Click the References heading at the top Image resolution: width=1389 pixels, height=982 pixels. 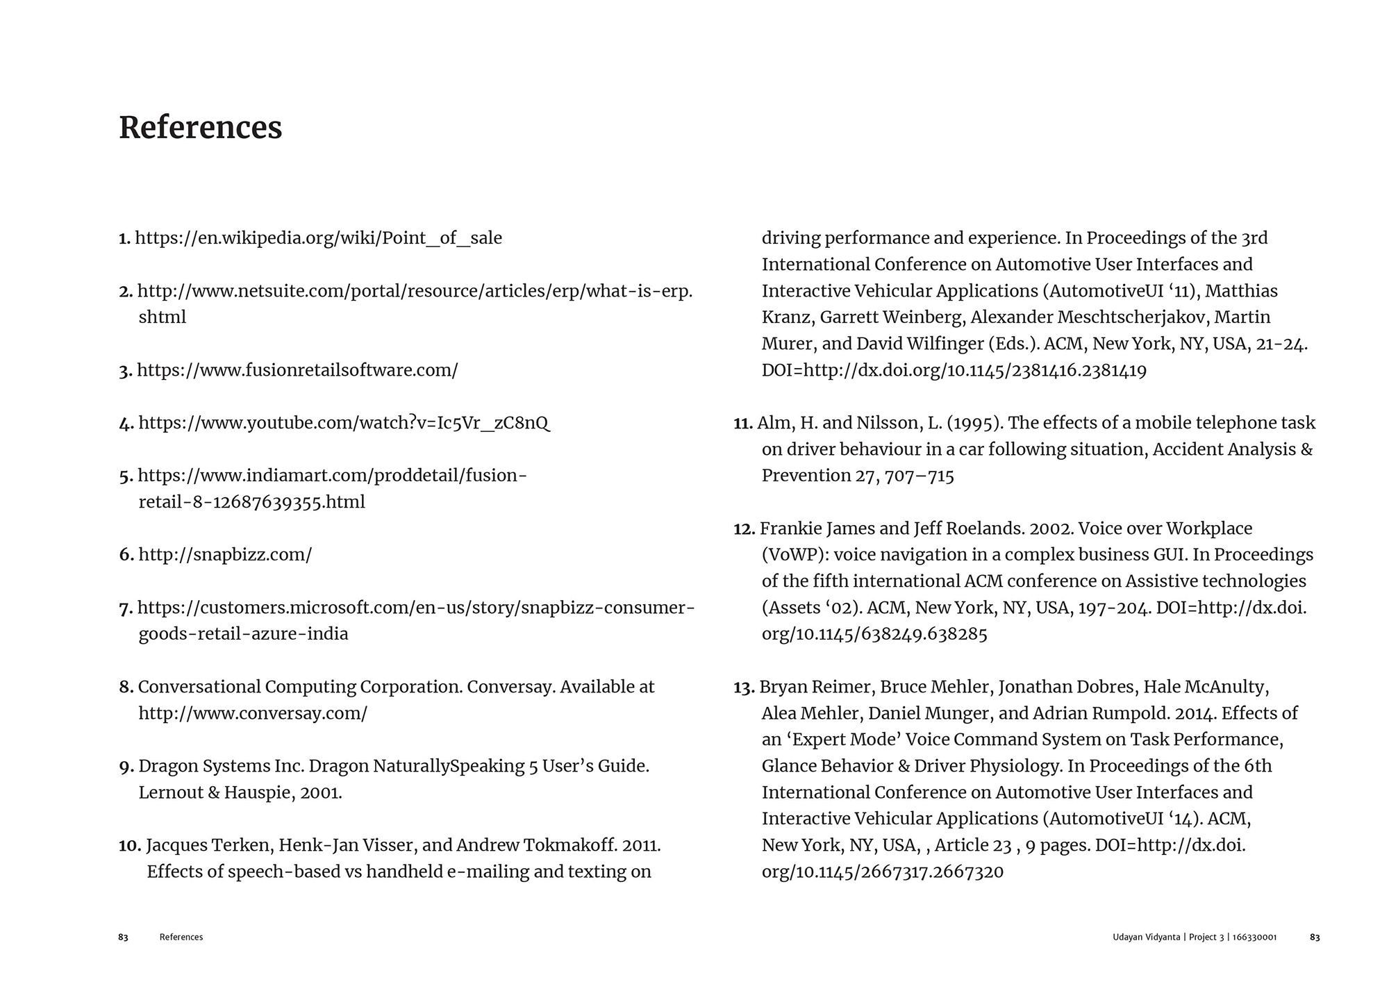tap(200, 128)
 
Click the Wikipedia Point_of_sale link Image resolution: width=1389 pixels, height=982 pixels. tap(318, 238)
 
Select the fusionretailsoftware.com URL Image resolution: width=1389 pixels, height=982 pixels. tap(297, 370)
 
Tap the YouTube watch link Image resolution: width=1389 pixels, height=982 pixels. tap(344, 423)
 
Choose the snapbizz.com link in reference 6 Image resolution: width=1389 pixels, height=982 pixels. tap(225, 555)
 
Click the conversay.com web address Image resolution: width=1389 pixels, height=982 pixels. tap(253, 713)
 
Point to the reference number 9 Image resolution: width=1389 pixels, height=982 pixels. tap(126, 767)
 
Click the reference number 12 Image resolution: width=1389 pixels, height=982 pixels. tap(744, 529)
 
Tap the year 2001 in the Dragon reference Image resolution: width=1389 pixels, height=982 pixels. tap(320, 792)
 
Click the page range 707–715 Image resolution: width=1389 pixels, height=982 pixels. tap(920, 476)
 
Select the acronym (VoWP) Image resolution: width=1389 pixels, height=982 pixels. tap(795, 555)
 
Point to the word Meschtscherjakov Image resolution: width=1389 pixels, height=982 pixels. tap(1089, 317)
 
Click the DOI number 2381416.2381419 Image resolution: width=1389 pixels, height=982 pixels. tap(1079, 370)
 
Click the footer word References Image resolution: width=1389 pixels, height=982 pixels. tap(181, 938)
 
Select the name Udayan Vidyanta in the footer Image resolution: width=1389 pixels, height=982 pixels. tap(1145, 938)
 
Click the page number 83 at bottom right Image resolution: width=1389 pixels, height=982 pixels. tap(1315, 938)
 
